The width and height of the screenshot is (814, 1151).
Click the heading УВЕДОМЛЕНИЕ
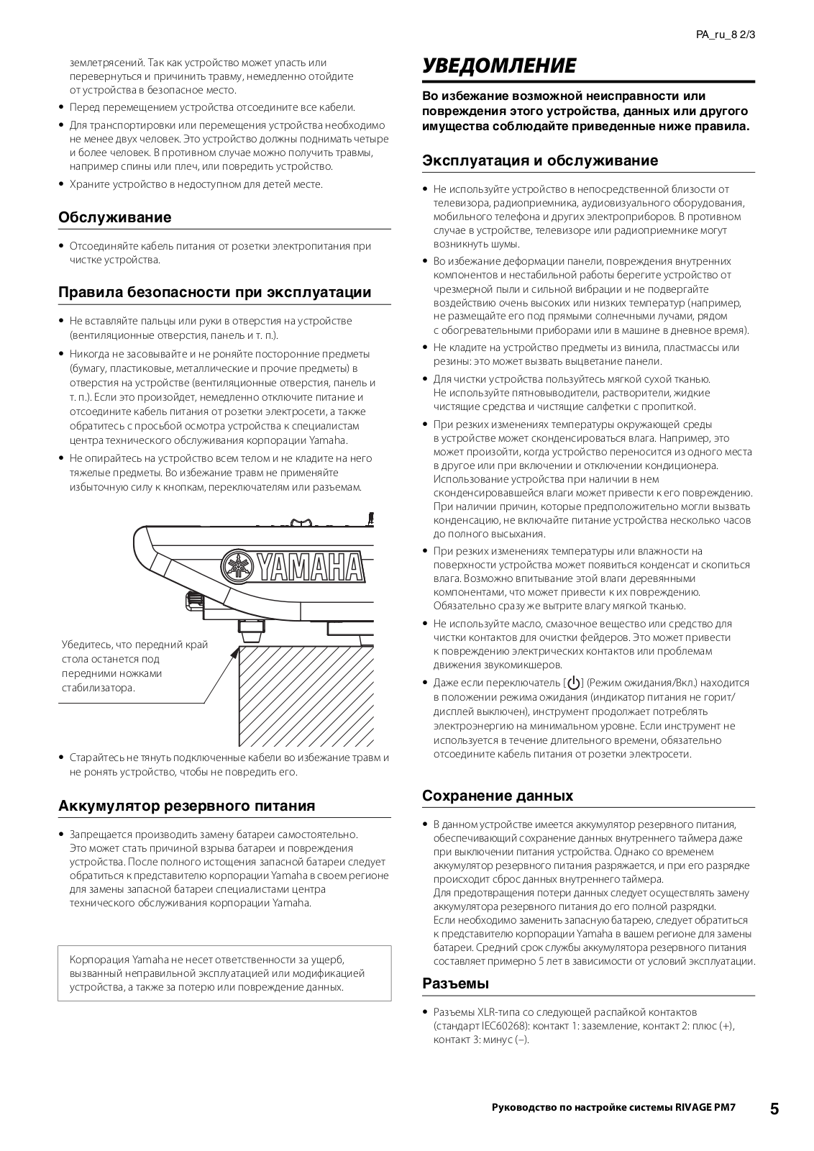pos(499,66)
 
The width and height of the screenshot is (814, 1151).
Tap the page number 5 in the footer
pos(774,1109)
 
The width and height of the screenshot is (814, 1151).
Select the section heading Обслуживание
pos(114,217)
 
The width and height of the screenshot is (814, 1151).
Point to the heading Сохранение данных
pos(498,796)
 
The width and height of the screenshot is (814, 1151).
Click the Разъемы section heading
pos(455,983)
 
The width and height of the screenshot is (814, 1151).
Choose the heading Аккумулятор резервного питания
pos(187,806)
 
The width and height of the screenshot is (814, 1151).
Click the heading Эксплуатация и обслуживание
pos(539,160)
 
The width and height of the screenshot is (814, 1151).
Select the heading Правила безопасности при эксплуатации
pos(214,292)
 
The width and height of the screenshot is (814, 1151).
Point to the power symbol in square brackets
pos(573,683)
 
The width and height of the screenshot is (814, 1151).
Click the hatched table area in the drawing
pos(306,694)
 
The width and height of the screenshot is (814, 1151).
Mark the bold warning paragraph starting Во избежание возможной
pos(585,111)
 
